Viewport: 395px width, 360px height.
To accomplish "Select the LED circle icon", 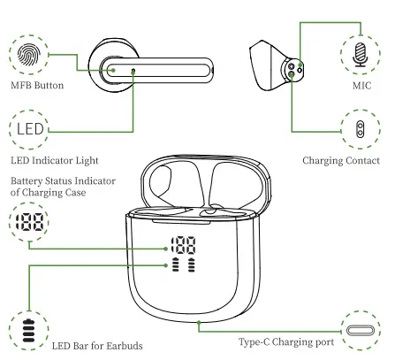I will point(31,131).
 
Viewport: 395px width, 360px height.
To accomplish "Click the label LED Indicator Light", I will point(54,160).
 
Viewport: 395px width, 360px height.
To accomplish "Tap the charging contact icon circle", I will point(361,131).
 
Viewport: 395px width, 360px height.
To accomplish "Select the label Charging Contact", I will point(341,160).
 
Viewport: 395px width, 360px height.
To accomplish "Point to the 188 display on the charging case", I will point(185,249).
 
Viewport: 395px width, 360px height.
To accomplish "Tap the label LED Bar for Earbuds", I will point(97,345).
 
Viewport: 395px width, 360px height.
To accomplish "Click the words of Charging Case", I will point(45,195).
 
